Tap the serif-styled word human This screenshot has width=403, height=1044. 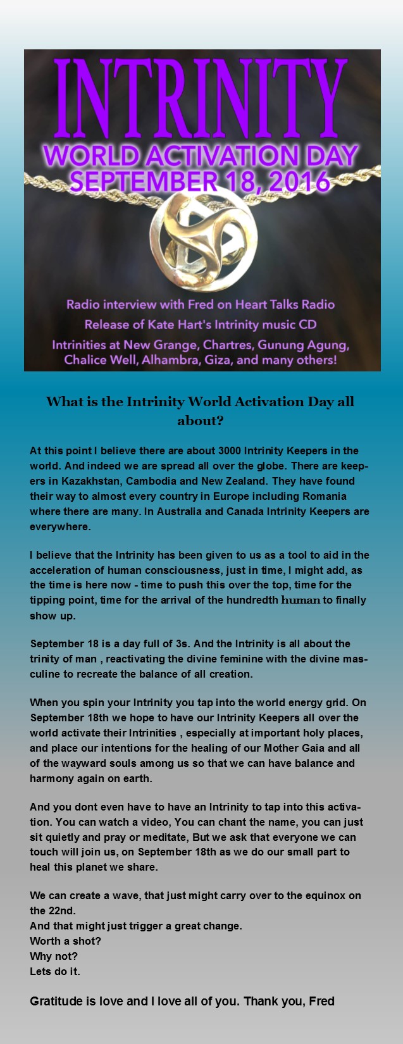pyautogui.click(x=301, y=600)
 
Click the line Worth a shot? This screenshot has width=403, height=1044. pyautogui.click(x=65, y=941)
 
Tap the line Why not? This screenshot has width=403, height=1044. pyautogui.click(x=54, y=956)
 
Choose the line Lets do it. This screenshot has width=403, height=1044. pyautogui.click(x=55, y=971)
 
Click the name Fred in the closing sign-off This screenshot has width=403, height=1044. pyautogui.click(x=321, y=1001)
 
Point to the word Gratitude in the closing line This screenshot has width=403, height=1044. pyautogui.click(x=56, y=1001)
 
